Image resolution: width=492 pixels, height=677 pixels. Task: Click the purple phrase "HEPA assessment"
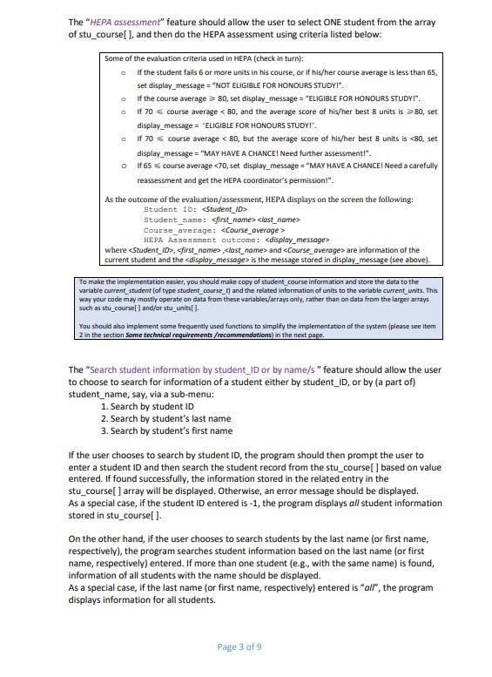(x=125, y=22)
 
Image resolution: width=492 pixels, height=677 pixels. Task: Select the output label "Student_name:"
(x=176, y=220)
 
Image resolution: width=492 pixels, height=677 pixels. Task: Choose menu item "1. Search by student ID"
(x=147, y=406)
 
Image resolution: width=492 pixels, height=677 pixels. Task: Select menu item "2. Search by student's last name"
(x=165, y=418)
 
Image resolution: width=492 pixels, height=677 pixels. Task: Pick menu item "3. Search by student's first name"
(x=166, y=430)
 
